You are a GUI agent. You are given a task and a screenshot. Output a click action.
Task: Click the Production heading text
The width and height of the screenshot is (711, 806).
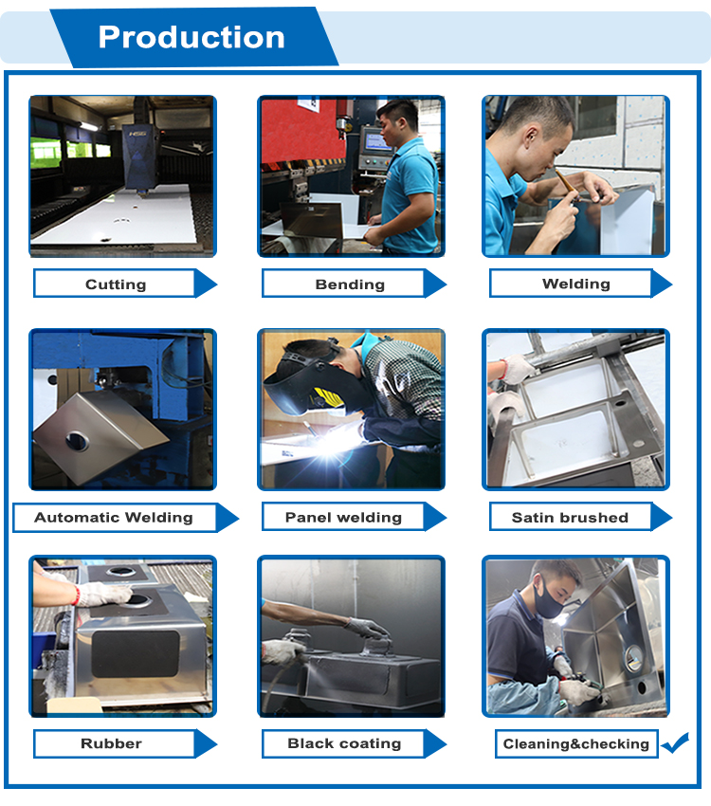[x=191, y=37]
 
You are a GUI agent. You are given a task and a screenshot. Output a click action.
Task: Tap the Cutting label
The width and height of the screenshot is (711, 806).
[x=116, y=284]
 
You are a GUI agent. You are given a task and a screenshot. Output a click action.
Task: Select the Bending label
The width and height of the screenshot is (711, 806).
[x=350, y=284]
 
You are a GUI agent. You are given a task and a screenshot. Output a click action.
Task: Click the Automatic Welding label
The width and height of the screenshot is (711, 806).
[x=114, y=517]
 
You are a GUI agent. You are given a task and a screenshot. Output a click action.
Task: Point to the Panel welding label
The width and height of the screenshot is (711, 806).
[x=343, y=517]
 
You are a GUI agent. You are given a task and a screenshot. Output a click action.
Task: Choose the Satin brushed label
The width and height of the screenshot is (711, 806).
[x=570, y=517]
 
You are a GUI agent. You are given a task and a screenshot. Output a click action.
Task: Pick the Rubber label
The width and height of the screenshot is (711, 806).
[x=111, y=743]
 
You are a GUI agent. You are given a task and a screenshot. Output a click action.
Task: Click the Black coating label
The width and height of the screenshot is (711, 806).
[x=344, y=743]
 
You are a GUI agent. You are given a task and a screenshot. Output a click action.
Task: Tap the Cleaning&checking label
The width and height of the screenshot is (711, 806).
[x=575, y=743]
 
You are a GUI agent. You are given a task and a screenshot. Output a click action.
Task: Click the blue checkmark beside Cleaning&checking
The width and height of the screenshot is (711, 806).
[x=675, y=742]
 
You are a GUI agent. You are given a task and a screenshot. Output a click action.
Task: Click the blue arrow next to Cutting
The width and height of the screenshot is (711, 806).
[x=206, y=284]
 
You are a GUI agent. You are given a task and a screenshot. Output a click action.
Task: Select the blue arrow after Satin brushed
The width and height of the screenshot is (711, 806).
[x=662, y=517]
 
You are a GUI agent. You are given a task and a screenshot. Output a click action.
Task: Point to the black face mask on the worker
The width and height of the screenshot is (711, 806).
[x=548, y=598]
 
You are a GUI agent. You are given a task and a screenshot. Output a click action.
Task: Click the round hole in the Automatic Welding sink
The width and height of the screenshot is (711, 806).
[x=77, y=441]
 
